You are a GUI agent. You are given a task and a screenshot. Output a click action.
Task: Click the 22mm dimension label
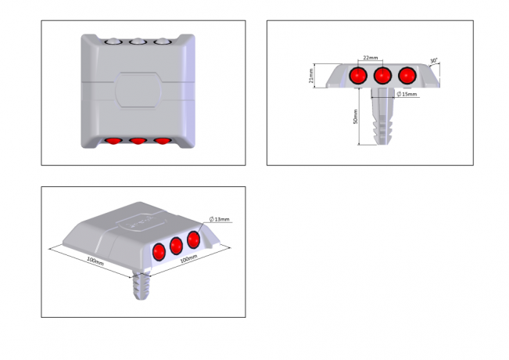370,58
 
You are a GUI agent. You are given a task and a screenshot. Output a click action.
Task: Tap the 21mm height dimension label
311,76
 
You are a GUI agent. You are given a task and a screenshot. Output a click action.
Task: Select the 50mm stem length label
356,117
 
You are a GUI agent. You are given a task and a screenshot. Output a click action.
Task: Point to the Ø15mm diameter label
407,94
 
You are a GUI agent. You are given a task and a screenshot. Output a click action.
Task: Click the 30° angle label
434,61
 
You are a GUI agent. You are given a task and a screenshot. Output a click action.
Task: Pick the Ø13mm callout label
220,219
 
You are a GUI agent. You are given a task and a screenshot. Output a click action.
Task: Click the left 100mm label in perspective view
95,261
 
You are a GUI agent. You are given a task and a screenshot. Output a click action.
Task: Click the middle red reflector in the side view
382,76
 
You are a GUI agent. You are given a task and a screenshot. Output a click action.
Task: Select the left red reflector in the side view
358,76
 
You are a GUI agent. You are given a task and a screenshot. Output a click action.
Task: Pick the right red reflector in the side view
407,76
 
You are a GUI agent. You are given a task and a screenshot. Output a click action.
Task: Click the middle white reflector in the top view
138,41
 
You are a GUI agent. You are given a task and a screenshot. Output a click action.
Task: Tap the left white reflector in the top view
113,41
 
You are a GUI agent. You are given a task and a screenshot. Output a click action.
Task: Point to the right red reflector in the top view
163,141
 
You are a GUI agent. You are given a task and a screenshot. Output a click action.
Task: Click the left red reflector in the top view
113,141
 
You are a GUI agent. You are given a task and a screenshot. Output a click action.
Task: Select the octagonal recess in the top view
138,90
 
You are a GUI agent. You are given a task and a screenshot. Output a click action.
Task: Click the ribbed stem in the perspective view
142,284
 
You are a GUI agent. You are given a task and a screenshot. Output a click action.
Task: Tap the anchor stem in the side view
383,116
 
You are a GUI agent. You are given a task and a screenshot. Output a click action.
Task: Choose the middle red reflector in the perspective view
176,246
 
